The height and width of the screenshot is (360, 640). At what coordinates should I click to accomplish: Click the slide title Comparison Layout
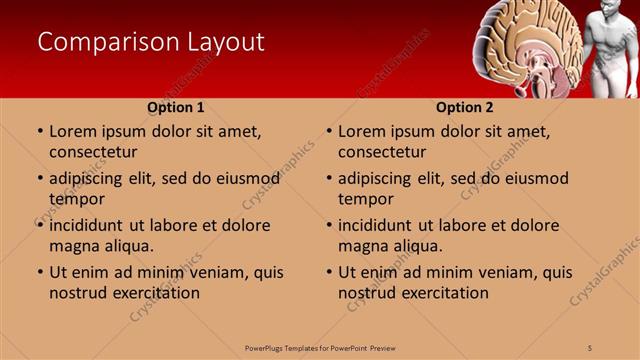(x=151, y=42)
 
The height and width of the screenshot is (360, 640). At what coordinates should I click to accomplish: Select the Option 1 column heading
(x=176, y=107)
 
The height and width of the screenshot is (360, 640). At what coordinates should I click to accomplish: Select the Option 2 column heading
(x=465, y=107)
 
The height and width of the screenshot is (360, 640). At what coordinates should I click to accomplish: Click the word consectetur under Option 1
(x=93, y=152)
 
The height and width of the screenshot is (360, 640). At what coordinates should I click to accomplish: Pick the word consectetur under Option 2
(x=382, y=152)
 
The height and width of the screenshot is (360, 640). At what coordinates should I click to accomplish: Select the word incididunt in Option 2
(x=377, y=225)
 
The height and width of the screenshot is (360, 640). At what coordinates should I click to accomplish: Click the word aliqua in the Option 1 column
(x=129, y=246)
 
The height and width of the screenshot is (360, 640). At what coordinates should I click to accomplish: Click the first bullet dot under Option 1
(x=40, y=131)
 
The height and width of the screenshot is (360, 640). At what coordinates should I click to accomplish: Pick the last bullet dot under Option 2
(x=329, y=272)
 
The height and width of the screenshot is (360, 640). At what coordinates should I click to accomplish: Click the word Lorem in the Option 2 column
(x=361, y=131)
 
